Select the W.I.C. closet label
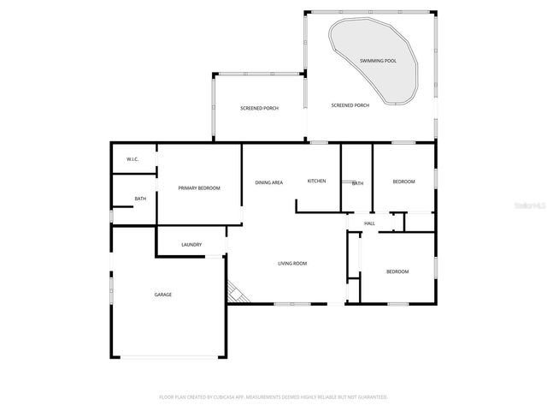132,159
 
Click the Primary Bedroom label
199,188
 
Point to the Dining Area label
269,182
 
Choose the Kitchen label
317,181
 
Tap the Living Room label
292,263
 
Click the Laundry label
191,245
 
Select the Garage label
162,295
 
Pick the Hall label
369,223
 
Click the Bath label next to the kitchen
357,183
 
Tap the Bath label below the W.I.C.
139,200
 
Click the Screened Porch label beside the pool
350,105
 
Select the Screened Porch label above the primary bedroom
259,108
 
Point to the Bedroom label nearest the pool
403,182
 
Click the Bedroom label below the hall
397,271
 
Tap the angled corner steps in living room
238,294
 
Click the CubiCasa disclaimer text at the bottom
273,397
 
